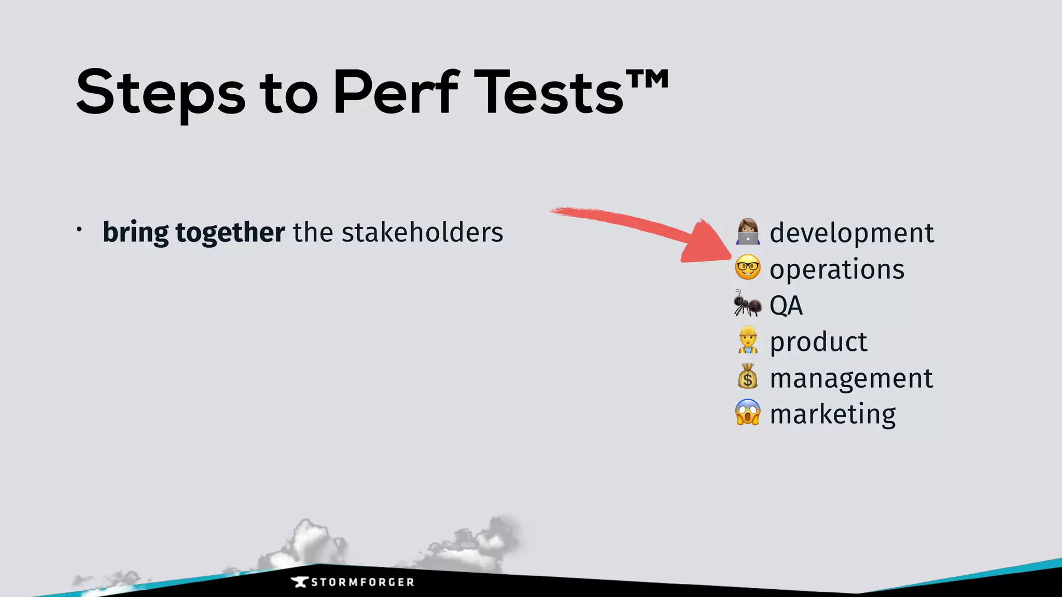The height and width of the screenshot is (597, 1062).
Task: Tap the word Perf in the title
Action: tap(396, 92)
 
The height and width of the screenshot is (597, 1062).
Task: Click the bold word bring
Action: tap(136, 233)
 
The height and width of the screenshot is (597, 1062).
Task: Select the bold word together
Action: tap(230, 233)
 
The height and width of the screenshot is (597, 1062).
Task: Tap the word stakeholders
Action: tap(422, 232)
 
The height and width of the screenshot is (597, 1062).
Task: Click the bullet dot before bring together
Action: tap(79, 229)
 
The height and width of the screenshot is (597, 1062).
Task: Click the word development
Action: tap(851, 233)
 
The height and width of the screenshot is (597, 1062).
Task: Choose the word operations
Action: tap(837, 269)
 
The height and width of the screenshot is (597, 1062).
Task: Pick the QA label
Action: tap(786, 305)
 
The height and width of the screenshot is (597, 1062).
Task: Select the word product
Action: tap(818, 342)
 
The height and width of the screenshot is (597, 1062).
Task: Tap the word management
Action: tap(851, 378)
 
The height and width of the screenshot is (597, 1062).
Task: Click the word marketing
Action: tap(833, 414)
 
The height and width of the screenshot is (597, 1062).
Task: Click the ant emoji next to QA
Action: tap(747, 304)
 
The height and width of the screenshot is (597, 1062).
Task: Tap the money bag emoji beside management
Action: tap(747, 376)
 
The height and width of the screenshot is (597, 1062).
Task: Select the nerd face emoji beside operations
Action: tap(747, 267)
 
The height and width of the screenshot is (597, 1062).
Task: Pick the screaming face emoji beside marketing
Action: tap(747, 413)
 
